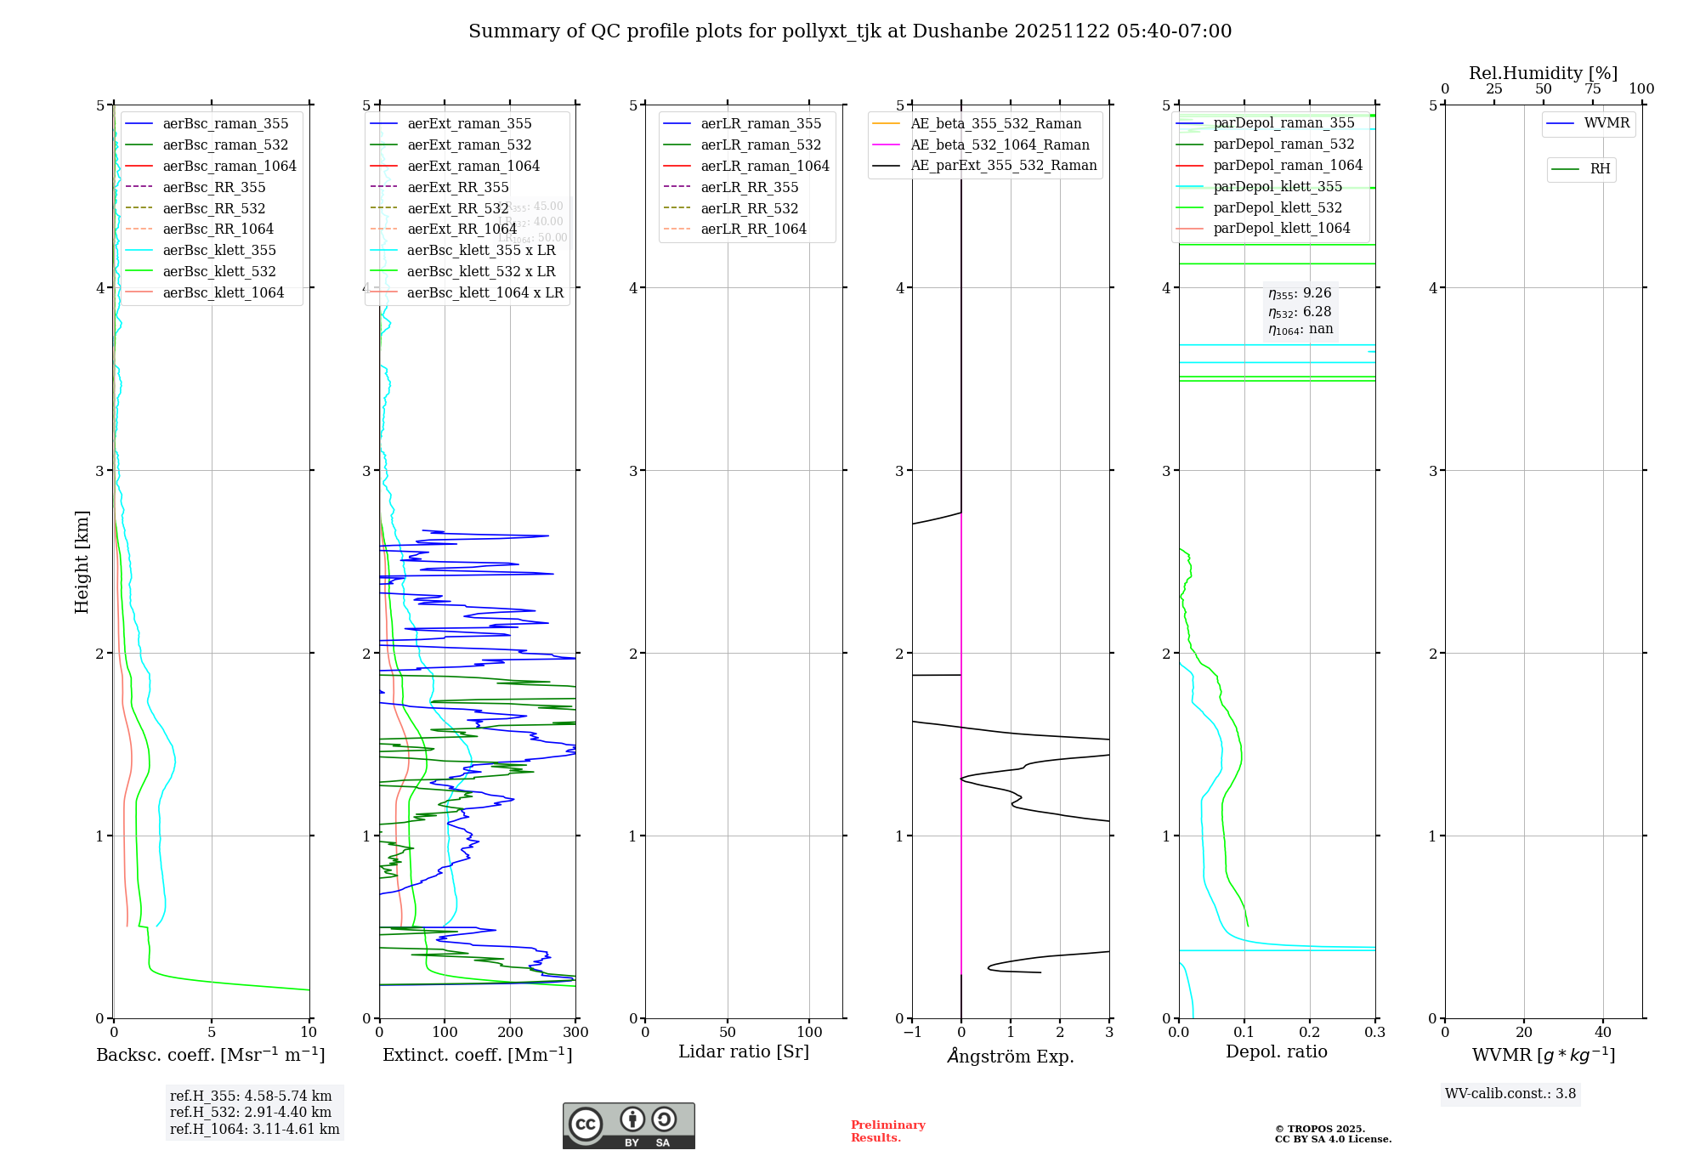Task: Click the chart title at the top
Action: (x=850, y=31)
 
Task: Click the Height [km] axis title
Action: (x=82, y=561)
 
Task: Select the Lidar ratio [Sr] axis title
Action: (x=744, y=1051)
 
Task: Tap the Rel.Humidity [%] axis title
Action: (x=1543, y=73)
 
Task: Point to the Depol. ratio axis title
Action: (x=1276, y=1051)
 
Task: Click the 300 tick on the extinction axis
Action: (x=576, y=1032)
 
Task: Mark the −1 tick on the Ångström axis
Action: (x=912, y=1032)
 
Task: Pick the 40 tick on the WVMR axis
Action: (x=1603, y=1032)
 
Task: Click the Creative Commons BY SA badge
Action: (x=628, y=1125)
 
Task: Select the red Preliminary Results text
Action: (x=887, y=1130)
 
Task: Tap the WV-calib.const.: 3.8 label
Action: (x=1510, y=1093)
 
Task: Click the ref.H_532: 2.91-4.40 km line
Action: (x=251, y=1112)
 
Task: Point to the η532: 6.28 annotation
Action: (x=1300, y=311)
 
